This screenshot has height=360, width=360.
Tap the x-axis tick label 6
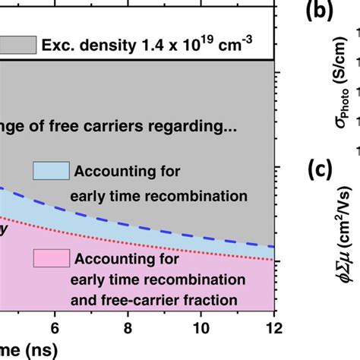point(55,328)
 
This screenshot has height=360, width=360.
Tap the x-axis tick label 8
point(128,328)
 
